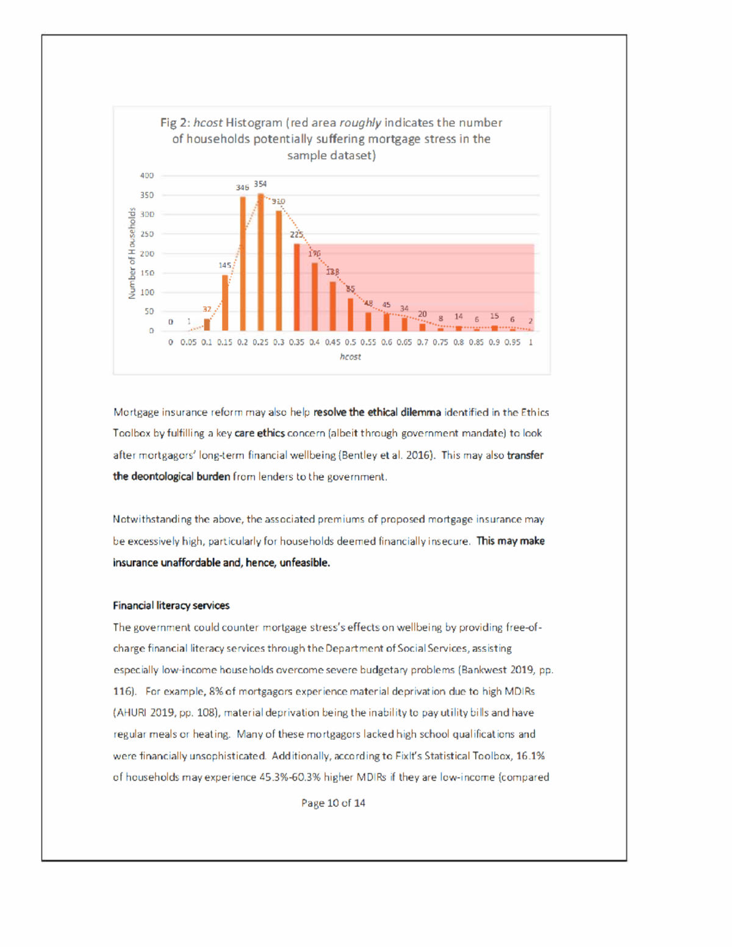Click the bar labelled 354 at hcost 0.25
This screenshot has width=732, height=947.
tap(260, 262)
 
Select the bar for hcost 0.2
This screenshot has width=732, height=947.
tap(243, 264)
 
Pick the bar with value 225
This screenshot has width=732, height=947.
tap(296, 287)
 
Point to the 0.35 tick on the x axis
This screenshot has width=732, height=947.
tap(296, 343)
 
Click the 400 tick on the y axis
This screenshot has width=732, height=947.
tap(146, 176)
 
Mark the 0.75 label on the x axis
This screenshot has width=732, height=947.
tap(440, 343)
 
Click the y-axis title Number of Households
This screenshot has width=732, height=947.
tap(132, 253)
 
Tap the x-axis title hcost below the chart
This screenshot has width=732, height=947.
tap(350, 357)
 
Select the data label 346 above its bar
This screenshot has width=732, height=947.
tap(242, 188)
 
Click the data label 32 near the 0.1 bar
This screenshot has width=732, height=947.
tap(207, 310)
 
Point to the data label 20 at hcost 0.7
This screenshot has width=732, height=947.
tap(422, 314)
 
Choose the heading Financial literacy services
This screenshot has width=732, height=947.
tap(171, 606)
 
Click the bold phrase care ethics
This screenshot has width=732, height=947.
tap(259, 434)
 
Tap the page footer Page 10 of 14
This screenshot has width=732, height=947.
tap(333, 803)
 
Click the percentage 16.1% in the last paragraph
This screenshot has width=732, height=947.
tap(530, 756)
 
